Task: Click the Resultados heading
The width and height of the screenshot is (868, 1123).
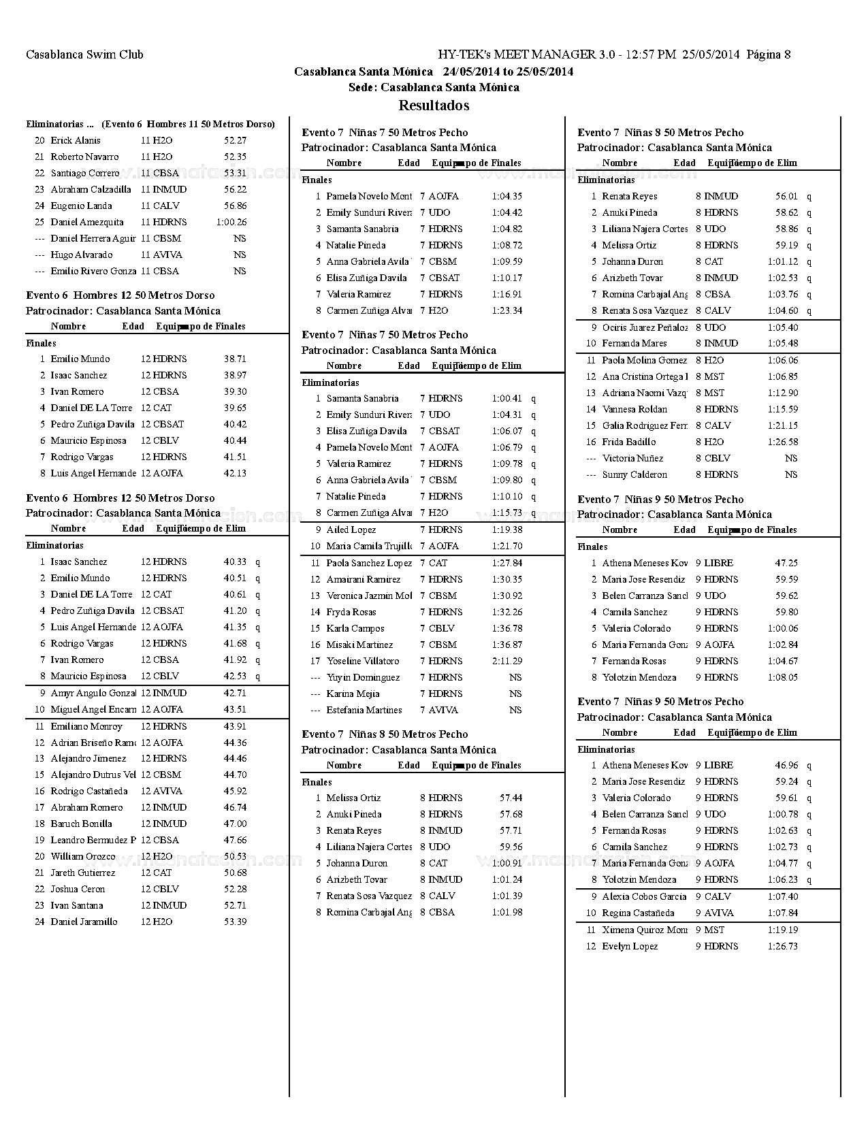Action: tap(434, 105)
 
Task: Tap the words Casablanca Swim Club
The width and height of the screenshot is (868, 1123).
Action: tap(84, 54)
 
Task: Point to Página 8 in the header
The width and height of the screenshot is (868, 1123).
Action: tap(769, 54)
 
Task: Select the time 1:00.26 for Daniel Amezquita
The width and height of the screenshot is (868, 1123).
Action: tap(231, 222)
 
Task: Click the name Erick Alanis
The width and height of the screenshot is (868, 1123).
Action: tap(76, 140)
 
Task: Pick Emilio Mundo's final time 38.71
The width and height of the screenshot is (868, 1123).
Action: tap(235, 359)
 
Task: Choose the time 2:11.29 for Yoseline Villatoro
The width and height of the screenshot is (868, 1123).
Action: tap(507, 661)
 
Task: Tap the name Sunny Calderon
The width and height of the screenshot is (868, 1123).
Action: tap(634, 474)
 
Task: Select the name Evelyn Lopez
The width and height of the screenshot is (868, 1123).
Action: tap(630, 946)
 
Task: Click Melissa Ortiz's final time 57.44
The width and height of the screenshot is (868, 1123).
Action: tap(511, 798)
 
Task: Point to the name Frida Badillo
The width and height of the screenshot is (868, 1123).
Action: tap(629, 442)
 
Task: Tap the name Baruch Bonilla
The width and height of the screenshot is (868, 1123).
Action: tap(82, 824)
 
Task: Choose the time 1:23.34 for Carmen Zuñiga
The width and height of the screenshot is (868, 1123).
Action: tap(507, 310)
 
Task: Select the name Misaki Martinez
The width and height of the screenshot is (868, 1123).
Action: tap(359, 645)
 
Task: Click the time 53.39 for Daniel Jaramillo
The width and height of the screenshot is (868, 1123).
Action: tap(235, 922)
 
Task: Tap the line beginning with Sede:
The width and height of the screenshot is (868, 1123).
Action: tap(434, 87)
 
